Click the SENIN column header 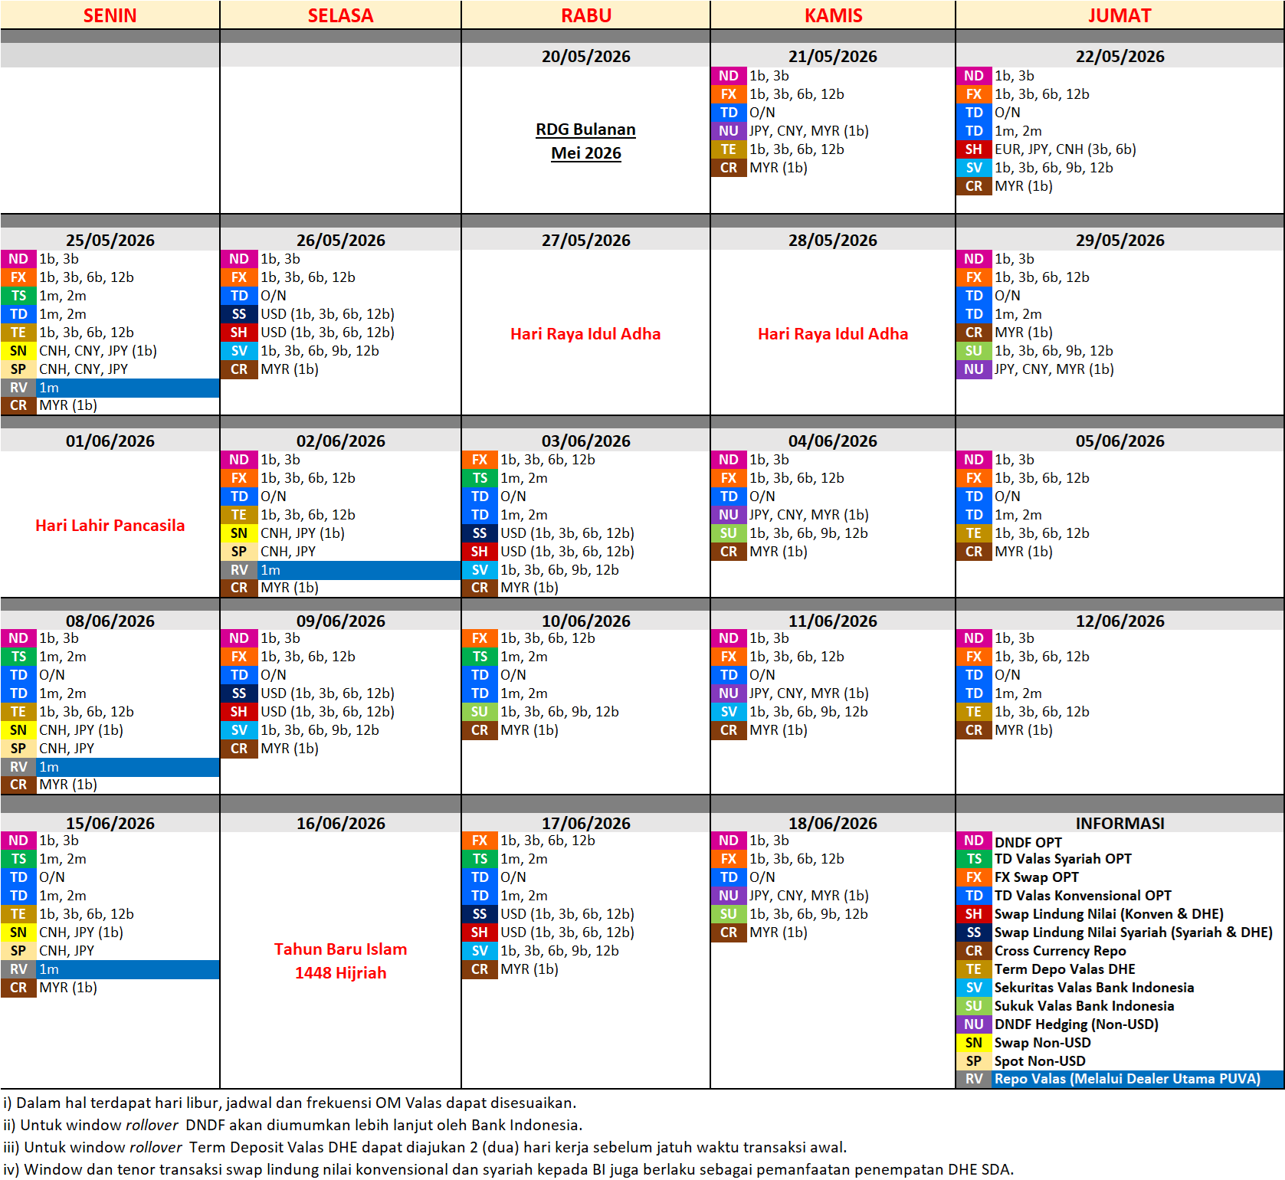(x=110, y=15)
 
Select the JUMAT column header (x=1119, y=15)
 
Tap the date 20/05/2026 (x=585, y=56)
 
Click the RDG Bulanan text (x=585, y=129)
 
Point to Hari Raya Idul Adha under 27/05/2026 (x=585, y=333)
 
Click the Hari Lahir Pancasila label (x=110, y=525)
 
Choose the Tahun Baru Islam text (x=340, y=949)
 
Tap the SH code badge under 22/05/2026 (x=973, y=149)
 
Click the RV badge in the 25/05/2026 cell (x=18, y=388)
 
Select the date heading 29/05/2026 (x=1119, y=240)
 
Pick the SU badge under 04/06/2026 (x=728, y=533)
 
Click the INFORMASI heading (x=1119, y=823)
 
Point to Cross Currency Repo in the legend (x=1060, y=951)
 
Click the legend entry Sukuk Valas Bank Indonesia (x=1083, y=1006)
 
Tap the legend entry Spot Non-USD (x=1039, y=1061)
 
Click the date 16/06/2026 (x=340, y=823)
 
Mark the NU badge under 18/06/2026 (x=728, y=896)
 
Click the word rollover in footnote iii (x=156, y=1147)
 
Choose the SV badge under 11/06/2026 (x=728, y=712)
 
